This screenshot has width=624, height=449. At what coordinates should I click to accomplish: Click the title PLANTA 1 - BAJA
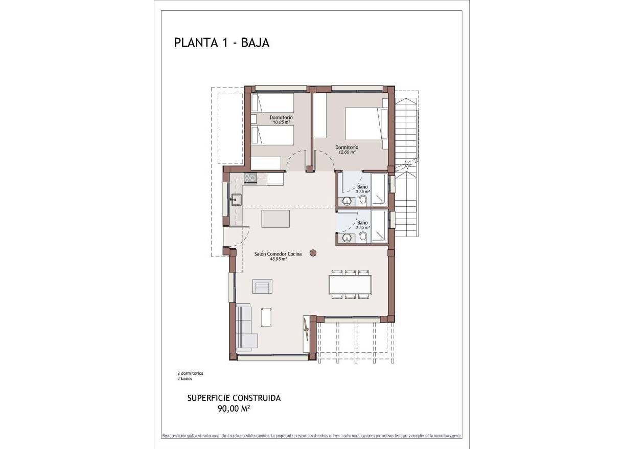point(221,42)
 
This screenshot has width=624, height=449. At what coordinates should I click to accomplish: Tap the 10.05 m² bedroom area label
point(281,122)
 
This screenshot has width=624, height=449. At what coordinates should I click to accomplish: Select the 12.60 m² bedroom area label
point(346,152)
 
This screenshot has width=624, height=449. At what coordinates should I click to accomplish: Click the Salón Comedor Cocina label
point(278,254)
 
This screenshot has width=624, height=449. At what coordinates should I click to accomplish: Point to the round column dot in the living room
point(313,252)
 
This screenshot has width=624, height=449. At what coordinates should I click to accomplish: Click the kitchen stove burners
point(250,178)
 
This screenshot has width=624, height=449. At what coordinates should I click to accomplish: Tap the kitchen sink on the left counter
point(236,200)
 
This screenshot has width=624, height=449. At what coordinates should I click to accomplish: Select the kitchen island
point(275,218)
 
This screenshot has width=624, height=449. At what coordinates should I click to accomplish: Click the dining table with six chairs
point(350,284)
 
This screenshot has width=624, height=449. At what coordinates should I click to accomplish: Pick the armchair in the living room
point(263,287)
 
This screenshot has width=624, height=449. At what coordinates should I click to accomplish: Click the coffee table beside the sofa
point(266,317)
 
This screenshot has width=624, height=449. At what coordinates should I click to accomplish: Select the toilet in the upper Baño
point(362,200)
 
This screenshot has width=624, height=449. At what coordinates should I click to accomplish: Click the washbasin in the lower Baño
point(348,239)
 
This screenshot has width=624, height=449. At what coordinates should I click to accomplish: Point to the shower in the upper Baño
point(379,190)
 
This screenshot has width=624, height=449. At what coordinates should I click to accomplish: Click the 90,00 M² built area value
point(234,409)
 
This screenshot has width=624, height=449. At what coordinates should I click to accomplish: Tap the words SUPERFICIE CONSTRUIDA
point(234,398)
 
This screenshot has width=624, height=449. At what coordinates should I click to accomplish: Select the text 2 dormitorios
point(190,373)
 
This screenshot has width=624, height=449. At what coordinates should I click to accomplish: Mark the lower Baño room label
point(362,223)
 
